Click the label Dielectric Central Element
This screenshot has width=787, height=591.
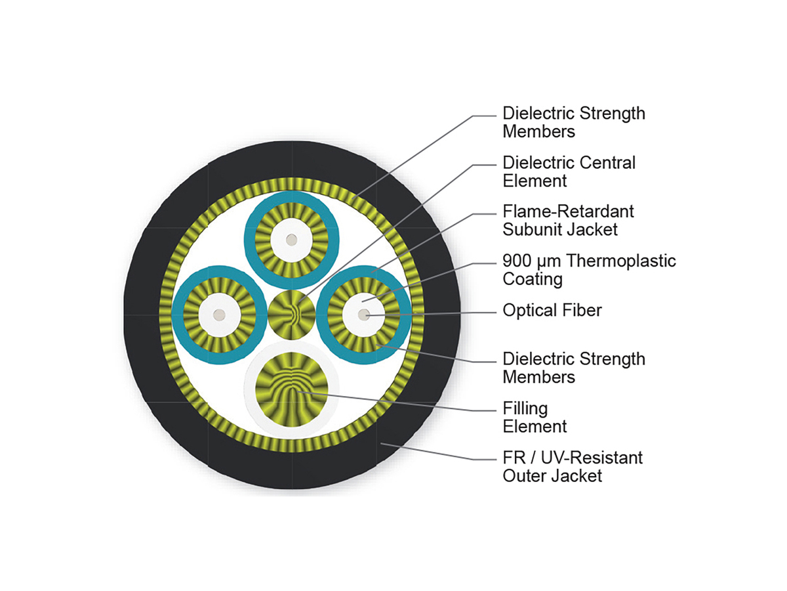569,171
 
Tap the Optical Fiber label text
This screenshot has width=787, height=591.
552,310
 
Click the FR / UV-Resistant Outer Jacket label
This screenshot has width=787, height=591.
573,466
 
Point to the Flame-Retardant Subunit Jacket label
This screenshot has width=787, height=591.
568,221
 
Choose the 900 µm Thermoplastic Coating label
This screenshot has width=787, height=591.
589,270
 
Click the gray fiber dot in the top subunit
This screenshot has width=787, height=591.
291,240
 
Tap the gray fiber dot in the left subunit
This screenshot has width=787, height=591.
218,315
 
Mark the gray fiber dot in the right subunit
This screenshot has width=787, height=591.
363,315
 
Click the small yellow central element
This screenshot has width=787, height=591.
291,315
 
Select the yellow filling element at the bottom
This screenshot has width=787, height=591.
291,389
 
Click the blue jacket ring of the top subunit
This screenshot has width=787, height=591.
291,196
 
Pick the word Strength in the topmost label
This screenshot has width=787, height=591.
612,114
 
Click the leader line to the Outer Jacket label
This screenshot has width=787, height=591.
438,452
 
